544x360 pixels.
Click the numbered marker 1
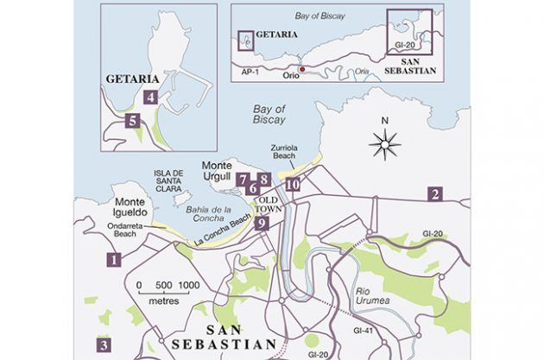[112, 258]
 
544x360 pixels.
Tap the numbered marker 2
[435, 194]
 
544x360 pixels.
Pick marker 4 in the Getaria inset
[151, 98]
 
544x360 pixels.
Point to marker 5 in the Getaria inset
[132, 121]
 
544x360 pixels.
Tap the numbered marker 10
[293, 184]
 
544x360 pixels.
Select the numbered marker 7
[243, 180]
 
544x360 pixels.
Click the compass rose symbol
[385, 143]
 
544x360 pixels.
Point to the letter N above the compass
[385, 120]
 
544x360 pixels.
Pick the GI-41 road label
[362, 330]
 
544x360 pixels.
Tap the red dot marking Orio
[301, 68]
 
